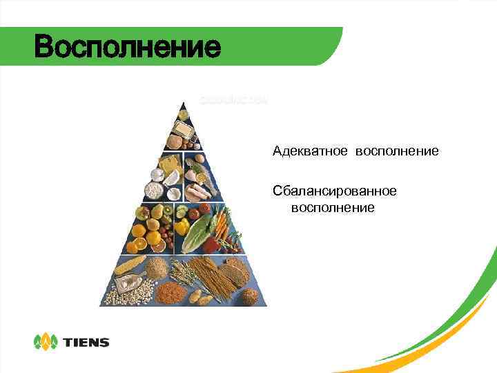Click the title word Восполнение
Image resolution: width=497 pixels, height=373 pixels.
point(128,47)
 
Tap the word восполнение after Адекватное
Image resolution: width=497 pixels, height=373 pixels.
point(397,151)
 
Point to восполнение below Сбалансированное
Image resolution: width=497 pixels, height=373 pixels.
point(333,207)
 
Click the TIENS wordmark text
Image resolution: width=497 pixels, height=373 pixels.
point(86,342)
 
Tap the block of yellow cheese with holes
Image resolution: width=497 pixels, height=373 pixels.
point(169,164)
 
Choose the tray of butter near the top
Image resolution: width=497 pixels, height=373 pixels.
point(182,128)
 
